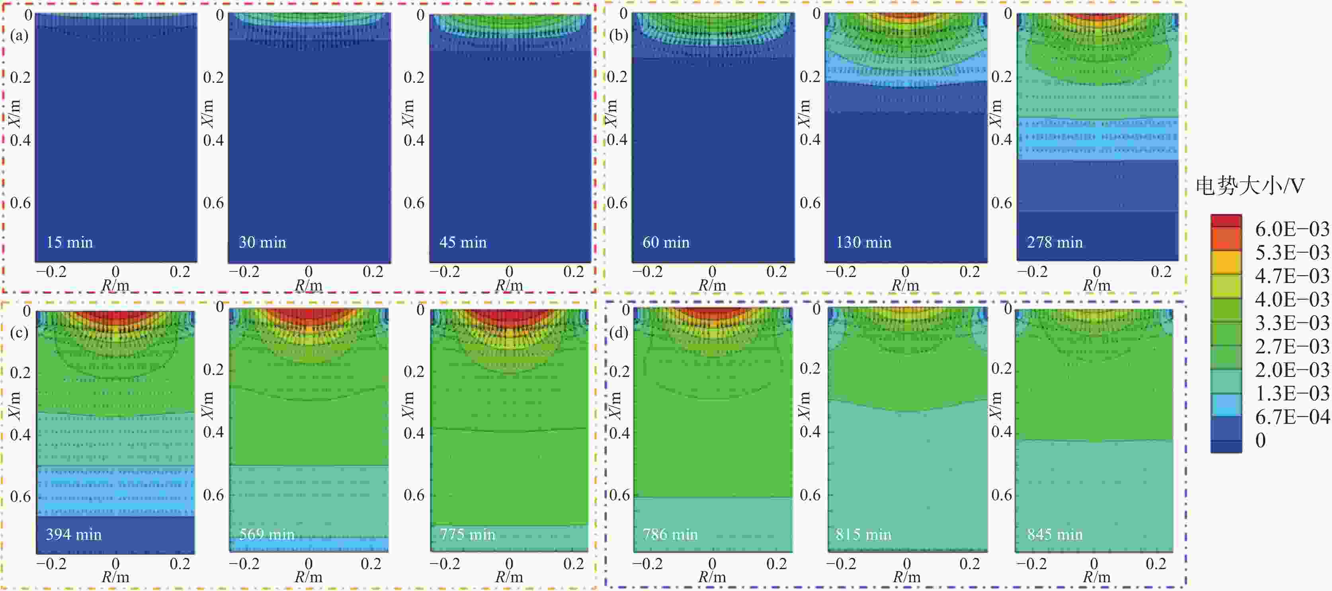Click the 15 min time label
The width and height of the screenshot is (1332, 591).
[69, 242]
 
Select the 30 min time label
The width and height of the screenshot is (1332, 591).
[262, 242]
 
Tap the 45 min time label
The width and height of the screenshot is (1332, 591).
[463, 242]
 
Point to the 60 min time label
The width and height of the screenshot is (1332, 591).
[666, 242]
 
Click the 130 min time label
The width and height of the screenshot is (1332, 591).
[863, 242]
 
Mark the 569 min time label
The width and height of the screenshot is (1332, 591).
[266, 534]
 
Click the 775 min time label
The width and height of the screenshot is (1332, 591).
[467, 534]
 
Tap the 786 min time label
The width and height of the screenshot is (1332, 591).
[670, 534]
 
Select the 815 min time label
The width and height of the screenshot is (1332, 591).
[863, 534]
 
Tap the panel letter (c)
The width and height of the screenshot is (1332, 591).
[19, 332]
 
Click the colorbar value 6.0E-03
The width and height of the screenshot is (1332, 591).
[1292, 228]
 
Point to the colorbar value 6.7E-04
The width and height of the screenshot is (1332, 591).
[1292, 416]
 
